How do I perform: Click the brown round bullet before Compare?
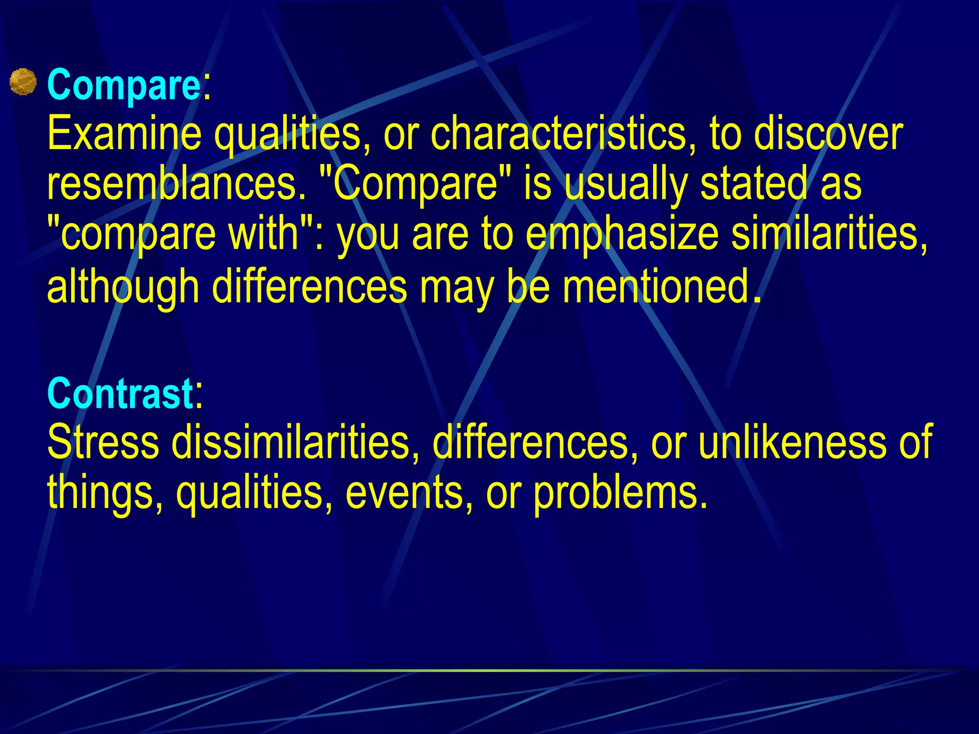point(23,82)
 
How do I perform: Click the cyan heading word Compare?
point(124,85)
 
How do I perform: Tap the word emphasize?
point(622,235)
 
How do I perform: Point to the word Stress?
point(103,442)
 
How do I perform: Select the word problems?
point(620,494)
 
